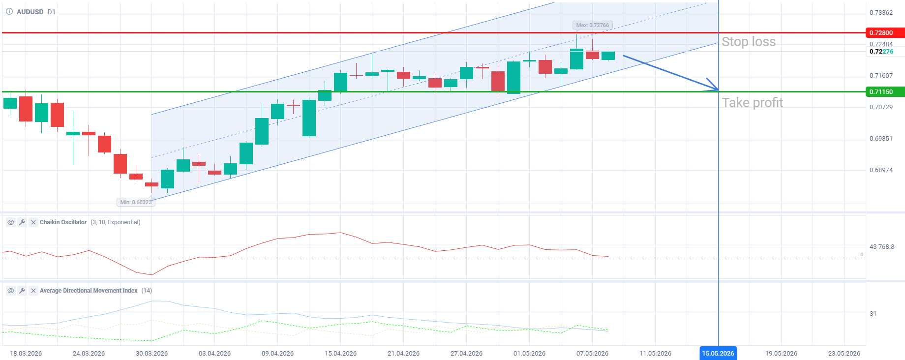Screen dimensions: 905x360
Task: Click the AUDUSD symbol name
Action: pos(30,12)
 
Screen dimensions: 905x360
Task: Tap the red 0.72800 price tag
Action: pos(885,33)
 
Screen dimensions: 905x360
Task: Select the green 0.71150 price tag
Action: pos(885,92)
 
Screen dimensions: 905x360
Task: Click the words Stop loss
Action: pos(749,42)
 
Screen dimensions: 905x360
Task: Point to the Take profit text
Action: pos(752,103)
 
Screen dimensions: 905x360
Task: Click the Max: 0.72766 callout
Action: pos(592,25)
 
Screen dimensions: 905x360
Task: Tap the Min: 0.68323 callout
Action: pos(136,202)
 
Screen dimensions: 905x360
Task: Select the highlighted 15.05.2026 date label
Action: pos(718,353)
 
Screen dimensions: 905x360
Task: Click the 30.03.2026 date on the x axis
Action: pos(151,353)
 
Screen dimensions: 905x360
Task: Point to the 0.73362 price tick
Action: pos(881,13)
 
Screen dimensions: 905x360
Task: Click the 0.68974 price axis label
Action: pos(881,170)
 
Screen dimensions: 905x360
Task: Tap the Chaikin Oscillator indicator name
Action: pos(63,222)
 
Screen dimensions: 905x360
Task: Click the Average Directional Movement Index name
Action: pos(89,291)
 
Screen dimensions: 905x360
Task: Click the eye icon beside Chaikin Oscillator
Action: pos(10,222)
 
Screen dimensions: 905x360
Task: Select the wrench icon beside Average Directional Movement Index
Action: pos(22,291)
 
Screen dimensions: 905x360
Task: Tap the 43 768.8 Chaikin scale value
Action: pos(882,247)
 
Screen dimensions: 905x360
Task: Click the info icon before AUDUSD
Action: pos(9,11)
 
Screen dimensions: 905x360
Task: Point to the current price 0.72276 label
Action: pos(881,52)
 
